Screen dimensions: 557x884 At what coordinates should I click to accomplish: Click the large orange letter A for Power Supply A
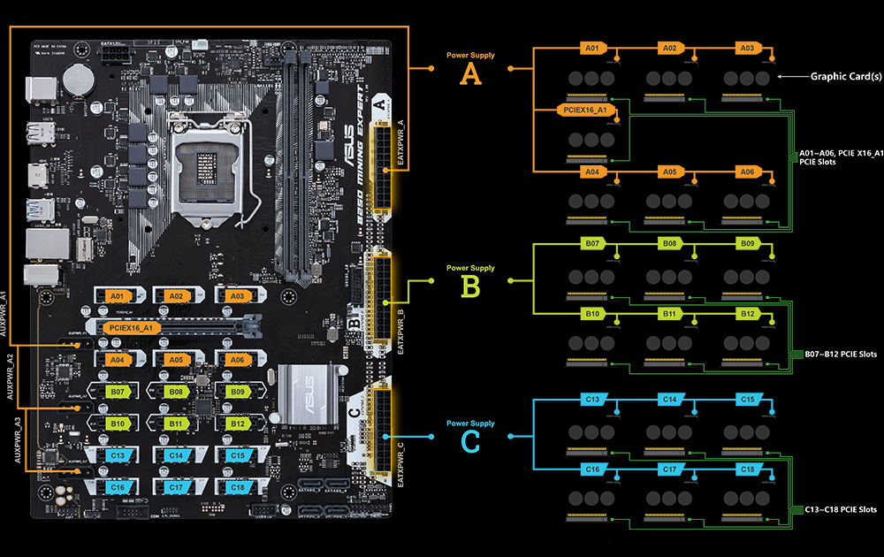pos(471,75)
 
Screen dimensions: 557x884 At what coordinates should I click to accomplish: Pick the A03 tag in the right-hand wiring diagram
pos(748,48)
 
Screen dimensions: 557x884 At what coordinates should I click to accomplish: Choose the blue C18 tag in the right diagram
pos(748,469)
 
